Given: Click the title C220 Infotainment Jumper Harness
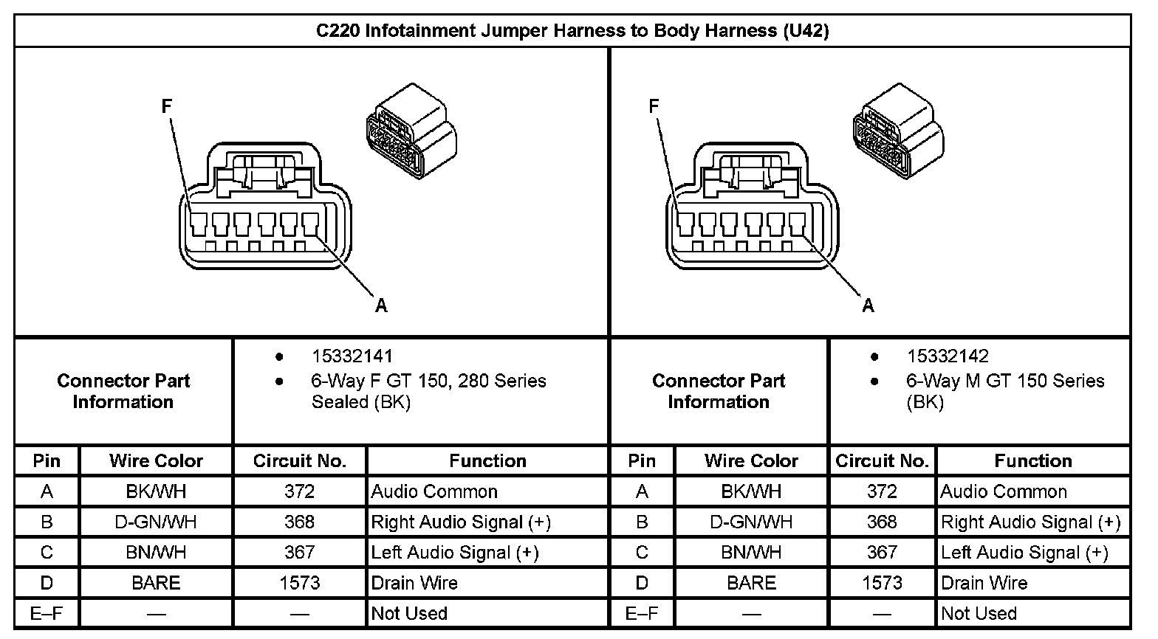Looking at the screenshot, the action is click(x=572, y=31).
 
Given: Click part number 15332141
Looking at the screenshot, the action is click(x=352, y=356).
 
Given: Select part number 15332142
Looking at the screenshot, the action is click(x=948, y=356).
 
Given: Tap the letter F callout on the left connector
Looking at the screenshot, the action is click(x=166, y=106).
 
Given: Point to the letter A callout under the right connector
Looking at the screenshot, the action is click(x=868, y=305).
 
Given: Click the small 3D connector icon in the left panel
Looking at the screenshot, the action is click(x=411, y=131).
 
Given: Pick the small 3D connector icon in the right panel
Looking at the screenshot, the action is click(x=899, y=131).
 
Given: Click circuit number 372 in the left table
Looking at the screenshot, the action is click(x=299, y=491).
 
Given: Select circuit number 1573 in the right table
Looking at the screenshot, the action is click(x=882, y=583).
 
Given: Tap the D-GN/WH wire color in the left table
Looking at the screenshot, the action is click(x=156, y=522).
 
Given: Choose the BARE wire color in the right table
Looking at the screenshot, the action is click(x=751, y=583).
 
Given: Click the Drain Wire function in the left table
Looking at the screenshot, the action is click(x=414, y=583).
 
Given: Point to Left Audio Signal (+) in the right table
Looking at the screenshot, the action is click(x=1024, y=552).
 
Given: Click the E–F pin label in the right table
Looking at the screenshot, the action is click(x=642, y=613).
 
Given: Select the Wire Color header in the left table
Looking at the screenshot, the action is click(x=156, y=460).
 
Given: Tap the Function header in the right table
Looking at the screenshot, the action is click(x=1033, y=460).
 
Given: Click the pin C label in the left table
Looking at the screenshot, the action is click(x=47, y=552).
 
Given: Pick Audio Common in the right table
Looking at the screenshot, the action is click(x=1004, y=491).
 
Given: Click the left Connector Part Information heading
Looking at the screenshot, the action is click(x=123, y=391).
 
